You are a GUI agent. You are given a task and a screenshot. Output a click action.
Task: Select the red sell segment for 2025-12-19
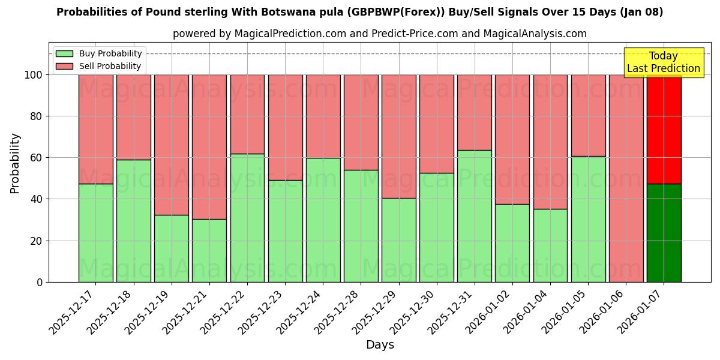pyautogui.click(x=172, y=145)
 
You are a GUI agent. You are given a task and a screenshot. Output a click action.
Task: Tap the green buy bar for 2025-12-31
pyautogui.click(x=475, y=216)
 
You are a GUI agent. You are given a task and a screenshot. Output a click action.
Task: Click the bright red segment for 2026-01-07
pyautogui.click(x=664, y=129)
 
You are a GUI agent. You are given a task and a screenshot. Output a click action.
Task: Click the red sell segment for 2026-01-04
pyautogui.click(x=550, y=142)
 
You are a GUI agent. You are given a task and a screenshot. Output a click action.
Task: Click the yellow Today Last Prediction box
pyautogui.click(x=664, y=62)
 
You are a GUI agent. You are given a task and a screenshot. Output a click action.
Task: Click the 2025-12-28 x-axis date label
pyautogui.click(x=339, y=312)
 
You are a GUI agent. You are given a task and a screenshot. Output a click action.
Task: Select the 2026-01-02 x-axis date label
pyautogui.click(x=491, y=312)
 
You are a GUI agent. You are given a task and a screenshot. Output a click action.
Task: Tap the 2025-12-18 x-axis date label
pyautogui.click(x=112, y=312)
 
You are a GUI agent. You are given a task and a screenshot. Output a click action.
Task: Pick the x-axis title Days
pyautogui.click(x=380, y=345)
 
